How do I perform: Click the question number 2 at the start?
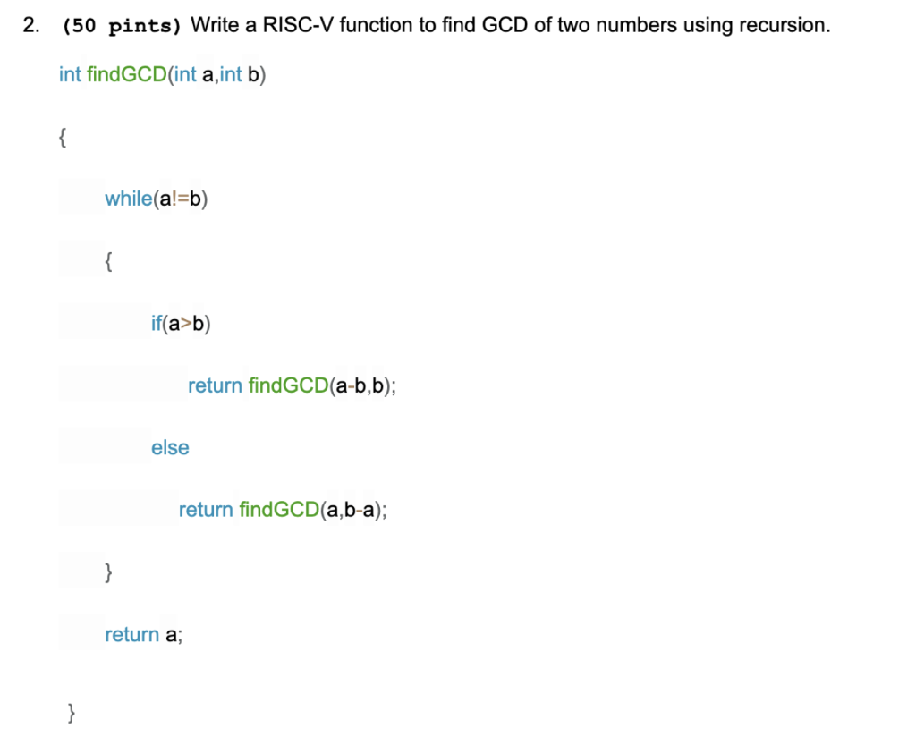pos(30,25)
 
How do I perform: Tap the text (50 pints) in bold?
pos(122,26)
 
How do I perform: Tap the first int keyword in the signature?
pos(70,74)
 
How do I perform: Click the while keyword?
pos(129,199)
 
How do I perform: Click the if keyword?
pos(157,323)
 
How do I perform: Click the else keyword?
pos(170,447)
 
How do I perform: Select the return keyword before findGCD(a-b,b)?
pos(215,385)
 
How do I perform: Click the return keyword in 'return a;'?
pos(131,634)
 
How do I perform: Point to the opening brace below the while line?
pos(107,261)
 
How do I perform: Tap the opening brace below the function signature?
pos(62,137)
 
